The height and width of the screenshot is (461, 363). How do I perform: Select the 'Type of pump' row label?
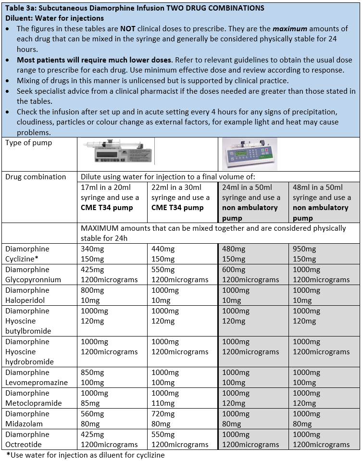(29, 143)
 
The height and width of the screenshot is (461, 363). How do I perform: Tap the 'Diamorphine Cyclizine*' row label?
(27, 254)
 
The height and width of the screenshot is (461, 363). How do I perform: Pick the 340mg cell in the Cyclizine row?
(92, 249)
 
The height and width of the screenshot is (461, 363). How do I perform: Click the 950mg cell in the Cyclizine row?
(304, 249)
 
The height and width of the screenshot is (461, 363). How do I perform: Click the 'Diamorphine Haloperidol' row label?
(27, 295)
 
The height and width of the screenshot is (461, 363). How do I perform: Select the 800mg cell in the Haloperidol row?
(92, 290)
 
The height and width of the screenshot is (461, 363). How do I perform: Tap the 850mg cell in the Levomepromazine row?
(92, 373)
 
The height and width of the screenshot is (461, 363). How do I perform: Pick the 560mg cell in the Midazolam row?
(92, 414)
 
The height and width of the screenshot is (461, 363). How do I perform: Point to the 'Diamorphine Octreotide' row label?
(27, 439)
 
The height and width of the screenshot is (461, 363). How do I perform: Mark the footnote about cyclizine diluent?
(86, 455)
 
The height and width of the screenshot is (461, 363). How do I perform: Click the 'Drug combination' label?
(36, 177)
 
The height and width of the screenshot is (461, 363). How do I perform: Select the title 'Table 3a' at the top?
(135, 8)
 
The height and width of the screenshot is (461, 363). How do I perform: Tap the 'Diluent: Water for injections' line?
(56, 18)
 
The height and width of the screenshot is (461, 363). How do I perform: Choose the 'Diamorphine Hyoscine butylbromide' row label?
(28, 321)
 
